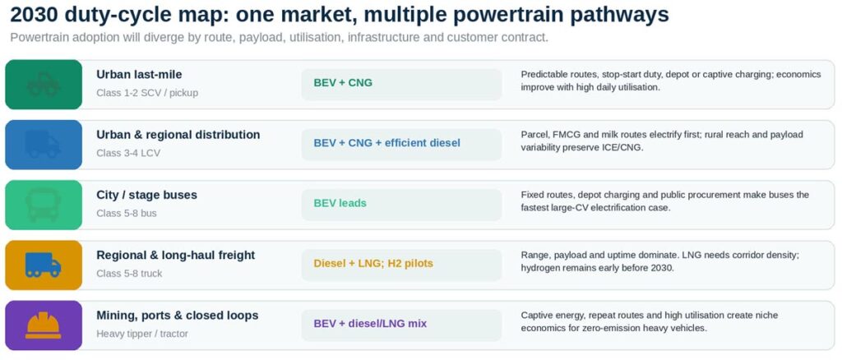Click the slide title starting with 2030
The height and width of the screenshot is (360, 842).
point(340,15)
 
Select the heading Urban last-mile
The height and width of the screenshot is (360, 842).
point(139,75)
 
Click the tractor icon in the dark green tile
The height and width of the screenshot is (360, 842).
point(44,84)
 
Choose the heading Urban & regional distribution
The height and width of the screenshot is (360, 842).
point(178,135)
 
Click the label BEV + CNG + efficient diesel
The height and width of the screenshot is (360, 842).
point(387,143)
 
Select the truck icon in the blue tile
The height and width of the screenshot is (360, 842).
point(43,145)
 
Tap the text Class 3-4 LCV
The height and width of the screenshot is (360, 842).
point(128,153)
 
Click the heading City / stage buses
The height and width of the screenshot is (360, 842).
point(146,195)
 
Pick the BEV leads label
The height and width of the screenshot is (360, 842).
point(340,203)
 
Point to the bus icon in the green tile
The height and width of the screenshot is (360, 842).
point(43,205)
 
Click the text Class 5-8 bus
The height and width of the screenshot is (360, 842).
point(127,213)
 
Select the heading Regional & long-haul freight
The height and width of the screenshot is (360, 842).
point(176,256)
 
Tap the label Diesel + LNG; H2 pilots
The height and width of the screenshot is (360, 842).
point(373,264)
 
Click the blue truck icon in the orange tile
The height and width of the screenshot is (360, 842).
point(43,265)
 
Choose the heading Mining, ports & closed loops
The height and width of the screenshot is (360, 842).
point(178,316)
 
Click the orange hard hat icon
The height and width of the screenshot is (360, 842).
point(43,325)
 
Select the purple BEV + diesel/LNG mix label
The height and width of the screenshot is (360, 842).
point(370,324)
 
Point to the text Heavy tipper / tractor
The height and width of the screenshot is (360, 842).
point(142,334)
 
